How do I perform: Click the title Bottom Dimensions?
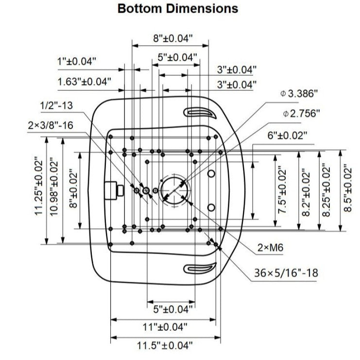[x=178, y=9]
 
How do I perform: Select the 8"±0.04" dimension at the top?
[x=173, y=37]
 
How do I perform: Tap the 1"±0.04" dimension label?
[x=77, y=61]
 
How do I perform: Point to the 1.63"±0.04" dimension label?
[x=84, y=82]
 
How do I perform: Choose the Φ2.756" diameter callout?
[x=301, y=114]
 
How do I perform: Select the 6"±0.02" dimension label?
[x=287, y=136]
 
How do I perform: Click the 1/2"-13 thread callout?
[x=56, y=105]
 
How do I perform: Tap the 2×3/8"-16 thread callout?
[x=50, y=125]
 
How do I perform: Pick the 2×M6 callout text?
[x=270, y=248]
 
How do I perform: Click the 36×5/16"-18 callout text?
[x=286, y=273]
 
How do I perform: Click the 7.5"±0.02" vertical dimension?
[x=280, y=191]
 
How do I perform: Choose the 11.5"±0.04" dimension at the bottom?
[x=164, y=346]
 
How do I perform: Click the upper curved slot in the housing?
[x=200, y=113]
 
